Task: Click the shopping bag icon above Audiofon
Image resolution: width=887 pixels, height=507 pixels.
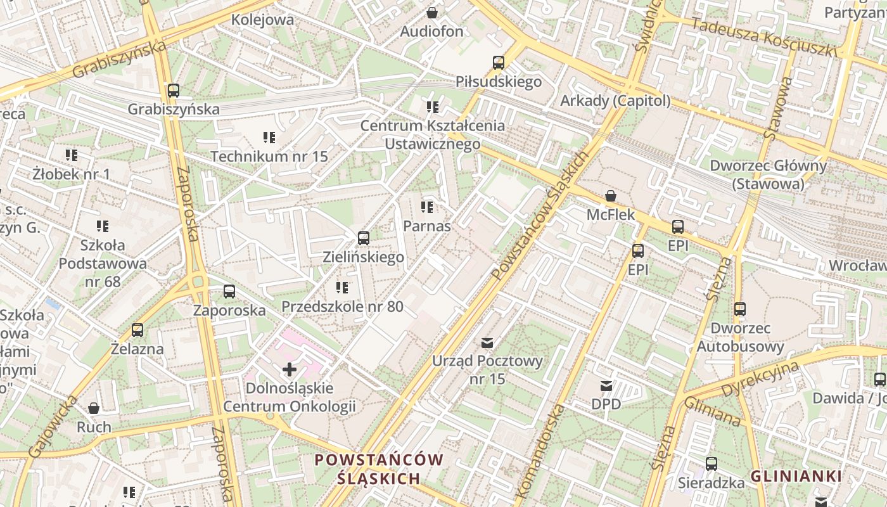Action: click(432, 13)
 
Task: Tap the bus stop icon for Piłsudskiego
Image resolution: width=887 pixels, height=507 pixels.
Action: click(499, 63)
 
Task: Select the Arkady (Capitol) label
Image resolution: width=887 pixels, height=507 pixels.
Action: click(615, 101)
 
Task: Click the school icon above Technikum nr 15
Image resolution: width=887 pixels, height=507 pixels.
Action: click(269, 138)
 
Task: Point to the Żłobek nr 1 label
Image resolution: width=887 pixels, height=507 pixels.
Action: click(72, 174)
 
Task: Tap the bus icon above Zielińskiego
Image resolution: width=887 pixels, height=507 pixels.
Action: click(364, 238)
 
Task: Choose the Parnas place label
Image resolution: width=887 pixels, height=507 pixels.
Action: click(427, 226)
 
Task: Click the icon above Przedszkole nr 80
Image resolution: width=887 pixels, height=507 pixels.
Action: click(342, 288)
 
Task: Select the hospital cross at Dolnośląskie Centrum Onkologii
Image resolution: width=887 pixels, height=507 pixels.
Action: click(290, 369)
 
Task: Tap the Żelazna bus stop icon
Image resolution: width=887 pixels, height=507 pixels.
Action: click(137, 330)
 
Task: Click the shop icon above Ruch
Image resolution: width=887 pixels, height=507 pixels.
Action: click(94, 408)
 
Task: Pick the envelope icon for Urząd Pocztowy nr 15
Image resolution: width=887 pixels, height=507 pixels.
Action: click(487, 343)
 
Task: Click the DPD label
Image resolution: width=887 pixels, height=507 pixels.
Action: click(606, 404)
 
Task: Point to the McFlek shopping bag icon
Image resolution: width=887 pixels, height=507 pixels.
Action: click(611, 196)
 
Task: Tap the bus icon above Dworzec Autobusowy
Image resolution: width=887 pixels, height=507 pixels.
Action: click(740, 309)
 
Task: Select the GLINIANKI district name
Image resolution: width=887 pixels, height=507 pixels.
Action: click(796, 476)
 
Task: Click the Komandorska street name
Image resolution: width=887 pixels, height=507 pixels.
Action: click(540, 451)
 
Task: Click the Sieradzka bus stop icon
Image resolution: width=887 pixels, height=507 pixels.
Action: click(712, 464)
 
